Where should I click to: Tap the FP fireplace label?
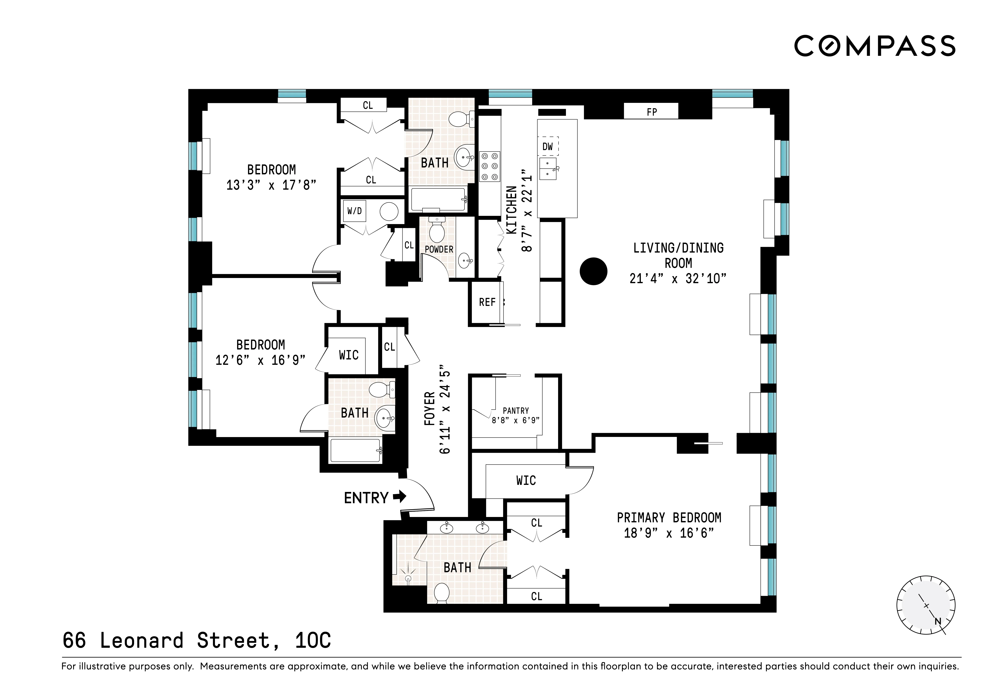point(652,112)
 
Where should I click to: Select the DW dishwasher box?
point(547,146)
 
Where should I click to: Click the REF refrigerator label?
point(487,302)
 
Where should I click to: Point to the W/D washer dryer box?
point(355,211)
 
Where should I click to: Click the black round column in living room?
point(593,271)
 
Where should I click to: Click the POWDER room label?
point(439,249)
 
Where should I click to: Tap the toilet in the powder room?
point(437,230)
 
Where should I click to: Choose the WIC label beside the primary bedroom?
point(526,480)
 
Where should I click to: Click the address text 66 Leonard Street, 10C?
point(197,640)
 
